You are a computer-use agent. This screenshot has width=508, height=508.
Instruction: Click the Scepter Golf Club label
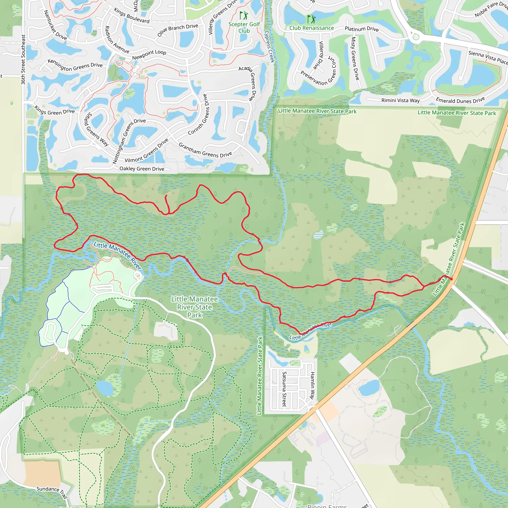(244, 27)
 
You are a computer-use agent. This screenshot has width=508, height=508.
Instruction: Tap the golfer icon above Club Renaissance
(312, 19)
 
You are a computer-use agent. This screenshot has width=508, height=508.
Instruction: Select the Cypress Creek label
(270, 47)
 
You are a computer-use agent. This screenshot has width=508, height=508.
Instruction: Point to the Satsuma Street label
(284, 389)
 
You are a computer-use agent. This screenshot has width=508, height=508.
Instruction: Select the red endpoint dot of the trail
(451, 279)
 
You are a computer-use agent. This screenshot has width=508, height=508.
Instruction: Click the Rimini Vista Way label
(400, 100)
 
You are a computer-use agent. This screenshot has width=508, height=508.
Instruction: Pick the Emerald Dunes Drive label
(460, 100)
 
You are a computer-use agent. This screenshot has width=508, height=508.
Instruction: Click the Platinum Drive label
(362, 29)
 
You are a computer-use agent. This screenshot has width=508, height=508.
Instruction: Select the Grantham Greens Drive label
(205, 150)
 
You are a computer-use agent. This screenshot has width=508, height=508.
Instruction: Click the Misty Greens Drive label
(355, 58)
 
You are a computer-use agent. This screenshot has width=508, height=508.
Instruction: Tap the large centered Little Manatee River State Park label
(194, 307)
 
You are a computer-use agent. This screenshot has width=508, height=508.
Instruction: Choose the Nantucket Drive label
(55, 25)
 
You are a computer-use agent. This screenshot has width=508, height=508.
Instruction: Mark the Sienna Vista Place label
(488, 57)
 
